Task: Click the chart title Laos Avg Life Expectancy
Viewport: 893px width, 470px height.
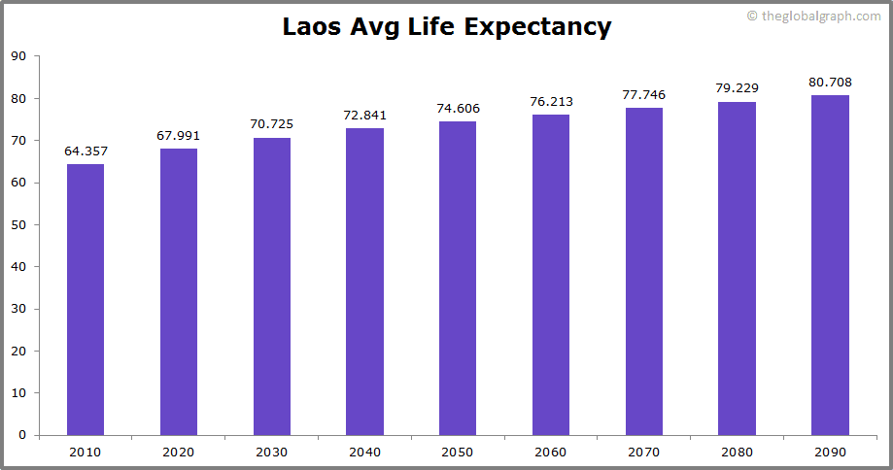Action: [x=447, y=26]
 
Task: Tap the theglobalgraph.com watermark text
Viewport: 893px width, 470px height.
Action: [x=813, y=16]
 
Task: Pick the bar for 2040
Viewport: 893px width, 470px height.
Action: [x=364, y=282]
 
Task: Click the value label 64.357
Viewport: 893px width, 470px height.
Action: [x=86, y=151]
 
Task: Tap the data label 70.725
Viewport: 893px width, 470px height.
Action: [x=272, y=124]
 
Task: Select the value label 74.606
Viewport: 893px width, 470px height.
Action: [x=458, y=108]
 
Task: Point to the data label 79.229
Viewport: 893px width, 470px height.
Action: [x=737, y=88]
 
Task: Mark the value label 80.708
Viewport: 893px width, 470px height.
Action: [x=830, y=83]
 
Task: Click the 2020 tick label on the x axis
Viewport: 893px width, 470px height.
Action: [x=179, y=452]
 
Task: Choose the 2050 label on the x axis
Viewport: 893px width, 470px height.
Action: [x=458, y=452]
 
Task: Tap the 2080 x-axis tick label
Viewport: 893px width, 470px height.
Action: [x=737, y=452]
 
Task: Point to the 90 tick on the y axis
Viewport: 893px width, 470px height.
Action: [x=18, y=56]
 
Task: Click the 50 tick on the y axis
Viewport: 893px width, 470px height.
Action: [x=18, y=224]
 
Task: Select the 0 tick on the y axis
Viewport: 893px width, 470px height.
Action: [x=22, y=435]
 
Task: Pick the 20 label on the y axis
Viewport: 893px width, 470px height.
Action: [x=18, y=351]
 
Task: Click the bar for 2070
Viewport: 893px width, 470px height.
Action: [x=643, y=271]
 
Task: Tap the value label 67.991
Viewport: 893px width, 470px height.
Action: [x=179, y=136]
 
